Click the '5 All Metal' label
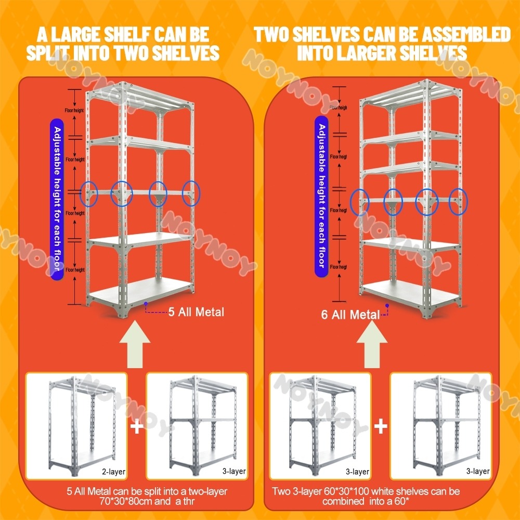coord(196,312)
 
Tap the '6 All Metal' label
coord(350,315)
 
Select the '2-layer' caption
coord(114,472)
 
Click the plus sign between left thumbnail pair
coord(137,427)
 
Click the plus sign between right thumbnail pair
coord(381,427)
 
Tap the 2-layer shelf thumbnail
coord(76,426)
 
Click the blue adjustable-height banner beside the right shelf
coord(322,198)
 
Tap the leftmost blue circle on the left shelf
coord(90,193)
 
